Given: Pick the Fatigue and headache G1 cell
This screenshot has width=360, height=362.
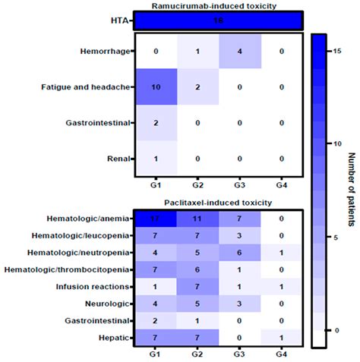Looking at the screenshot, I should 156,87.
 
